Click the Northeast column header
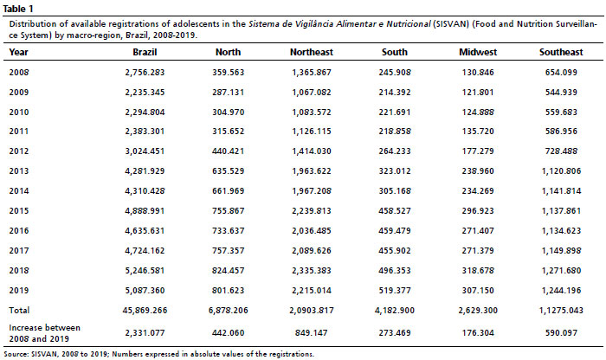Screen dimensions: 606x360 tap(311, 52)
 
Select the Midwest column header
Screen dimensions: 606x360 tap(478, 52)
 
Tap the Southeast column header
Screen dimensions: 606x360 tap(561, 52)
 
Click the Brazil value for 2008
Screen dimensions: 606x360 tap(145, 72)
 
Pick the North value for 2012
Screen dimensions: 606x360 tap(228, 151)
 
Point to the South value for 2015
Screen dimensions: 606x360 tap(395, 211)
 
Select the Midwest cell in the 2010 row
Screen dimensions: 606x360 tap(478, 112)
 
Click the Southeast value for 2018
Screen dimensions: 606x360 tap(561, 270)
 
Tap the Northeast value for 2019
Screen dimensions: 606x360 tap(312, 291)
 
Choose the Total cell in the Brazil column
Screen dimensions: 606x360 tap(145, 310)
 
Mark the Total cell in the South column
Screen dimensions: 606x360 tap(395, 310)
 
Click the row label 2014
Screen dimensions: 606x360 tap(19, 190)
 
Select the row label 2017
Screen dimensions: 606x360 tap(19, 251)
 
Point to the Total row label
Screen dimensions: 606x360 tap(19, 310)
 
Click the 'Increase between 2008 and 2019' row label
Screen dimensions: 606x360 tap(44, 333)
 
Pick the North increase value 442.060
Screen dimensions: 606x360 tap(228, 332)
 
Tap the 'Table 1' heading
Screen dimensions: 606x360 tap(18, 9)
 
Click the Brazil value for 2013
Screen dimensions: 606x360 tap(145, 171)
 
